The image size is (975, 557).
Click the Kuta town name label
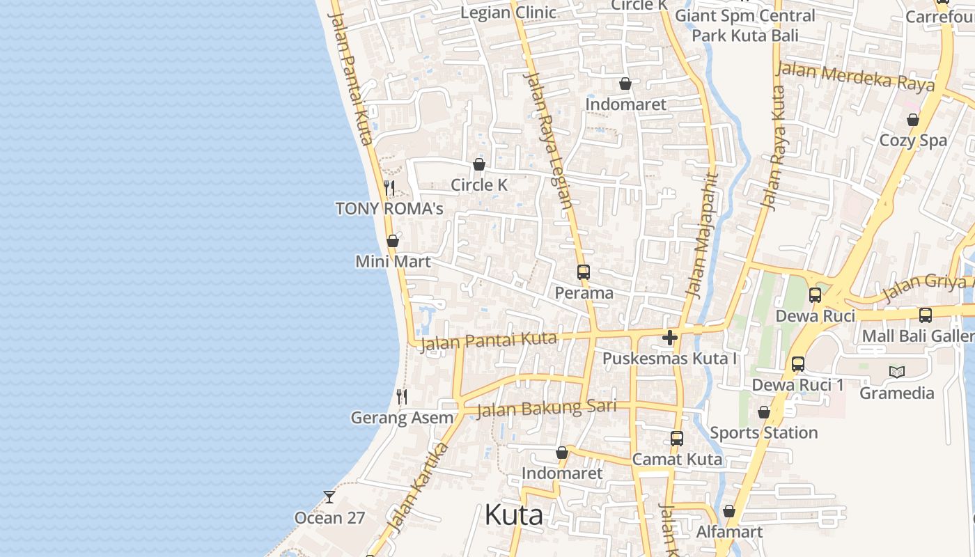(513, 515)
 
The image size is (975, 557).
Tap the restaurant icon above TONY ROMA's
(389, 188)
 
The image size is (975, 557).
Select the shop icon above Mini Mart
(393, 241)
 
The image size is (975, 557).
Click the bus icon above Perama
(584, 272)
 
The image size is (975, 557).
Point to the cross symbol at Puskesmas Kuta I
(670, 338)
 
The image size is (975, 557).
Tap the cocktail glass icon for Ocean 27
(329, 497)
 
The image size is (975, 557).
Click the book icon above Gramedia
(897, 372)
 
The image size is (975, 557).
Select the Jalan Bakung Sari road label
(547, 408)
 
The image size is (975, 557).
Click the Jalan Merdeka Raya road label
(855, 76)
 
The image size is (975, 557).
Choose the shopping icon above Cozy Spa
(913, 120)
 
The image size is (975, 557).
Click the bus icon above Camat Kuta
(677, 439)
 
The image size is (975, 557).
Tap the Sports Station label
(763, 433)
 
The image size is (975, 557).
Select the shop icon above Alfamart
(729, 511)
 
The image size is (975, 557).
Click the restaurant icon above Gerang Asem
(402, 397)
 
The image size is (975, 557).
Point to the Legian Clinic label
(508, 13)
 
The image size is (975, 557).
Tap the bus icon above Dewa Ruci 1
(798, 364)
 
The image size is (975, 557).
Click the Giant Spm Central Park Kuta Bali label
(745, 25)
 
